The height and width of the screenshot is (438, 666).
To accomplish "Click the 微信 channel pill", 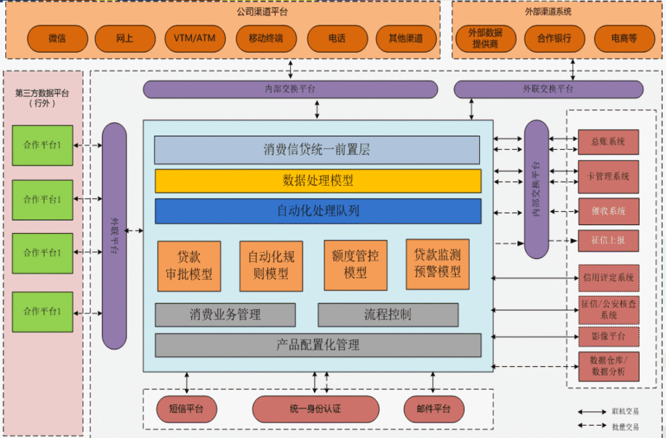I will pyautogui.click(x=57, y=38).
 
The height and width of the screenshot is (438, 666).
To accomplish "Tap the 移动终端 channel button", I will pyautogui.click(x=266, y=38).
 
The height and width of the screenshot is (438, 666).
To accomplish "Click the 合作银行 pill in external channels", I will pyautogui.click(x=554, y=38).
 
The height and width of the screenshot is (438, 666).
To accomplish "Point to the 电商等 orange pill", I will pyautogui.click(x=624, y=38).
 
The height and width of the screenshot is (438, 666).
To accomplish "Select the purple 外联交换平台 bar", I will pyautogui.click(x=548, y=89).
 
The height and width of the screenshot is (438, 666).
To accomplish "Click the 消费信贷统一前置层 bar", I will pyautogui.click(x=317, y=150).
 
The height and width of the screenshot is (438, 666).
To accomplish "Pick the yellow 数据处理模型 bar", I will pyautogui.click(x=318, y=181).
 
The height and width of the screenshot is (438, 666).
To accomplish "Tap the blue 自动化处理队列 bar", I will pyautogui.click(x=318, y=211).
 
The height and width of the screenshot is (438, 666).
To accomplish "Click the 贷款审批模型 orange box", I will pyautogui.click(x=189, y=266).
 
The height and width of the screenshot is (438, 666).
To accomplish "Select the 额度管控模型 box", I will pyautogui.click(x=355, y=265).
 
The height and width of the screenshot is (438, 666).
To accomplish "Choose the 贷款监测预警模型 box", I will pyautogui.click(x=437, y=264).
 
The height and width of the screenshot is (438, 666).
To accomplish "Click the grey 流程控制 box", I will pyautogui.click(x=388, y=315).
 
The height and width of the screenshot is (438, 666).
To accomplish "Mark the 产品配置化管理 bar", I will pyautogui.click(x=318, y=345).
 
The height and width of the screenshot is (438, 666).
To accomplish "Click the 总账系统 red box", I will pyautogui.click(x=608, y=142).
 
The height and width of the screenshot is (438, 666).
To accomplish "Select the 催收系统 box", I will pyautogui.click(x=608, y=211).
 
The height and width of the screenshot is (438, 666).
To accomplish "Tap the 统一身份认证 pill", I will pyautogui.click(x=316, y=409).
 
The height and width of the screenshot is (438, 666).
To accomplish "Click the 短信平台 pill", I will pyautogui.click(x=186, y=409).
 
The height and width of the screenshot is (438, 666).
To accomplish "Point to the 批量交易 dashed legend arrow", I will pyautogui.click(x=591, y=426).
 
